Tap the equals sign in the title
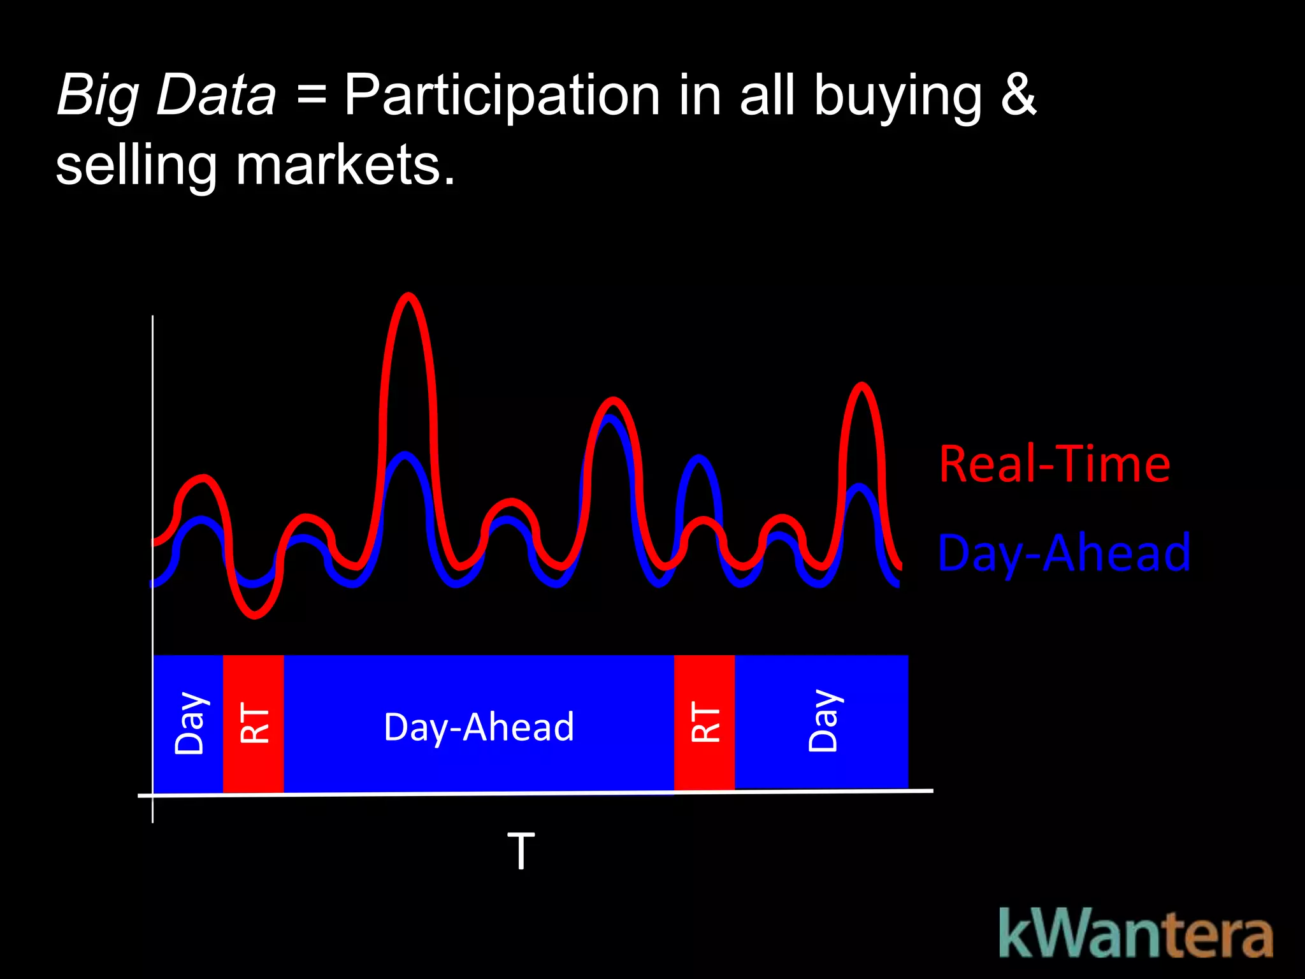[311, 96]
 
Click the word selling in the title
[136, 165]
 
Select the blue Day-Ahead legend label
[1063, 553]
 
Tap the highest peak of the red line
[408, 296]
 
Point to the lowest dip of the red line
[254, 616]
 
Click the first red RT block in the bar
[254, 723]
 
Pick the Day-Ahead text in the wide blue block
[479, 727]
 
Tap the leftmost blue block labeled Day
[189, 723]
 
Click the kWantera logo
[1136, 934]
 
